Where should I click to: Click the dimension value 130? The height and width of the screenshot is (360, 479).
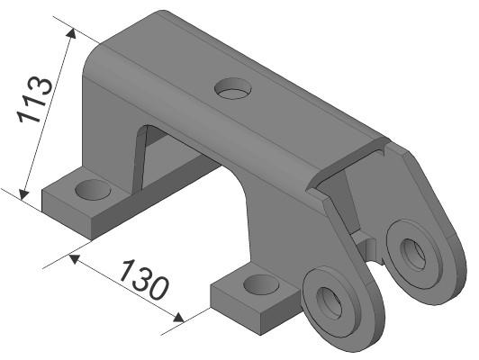tap(143, 280)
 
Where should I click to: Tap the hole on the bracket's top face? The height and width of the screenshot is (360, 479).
tap(235, 88)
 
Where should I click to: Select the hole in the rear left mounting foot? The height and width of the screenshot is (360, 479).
tap(92, 190)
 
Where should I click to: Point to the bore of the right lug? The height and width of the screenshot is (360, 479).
tap(413, 253)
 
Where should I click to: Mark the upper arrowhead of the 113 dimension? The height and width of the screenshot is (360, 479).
tap(68, 33)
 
